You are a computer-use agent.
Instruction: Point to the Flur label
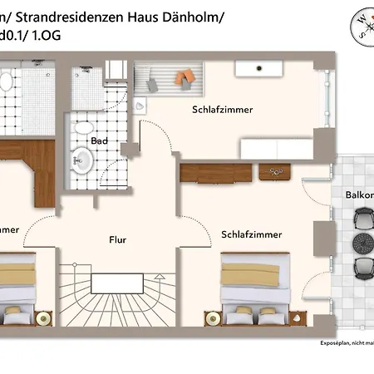coord(118,240)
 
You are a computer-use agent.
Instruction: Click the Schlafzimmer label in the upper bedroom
coord(222,109)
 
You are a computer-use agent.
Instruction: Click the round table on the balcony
coord(362,243)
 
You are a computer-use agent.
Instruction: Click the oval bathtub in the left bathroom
coord(4,83)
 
